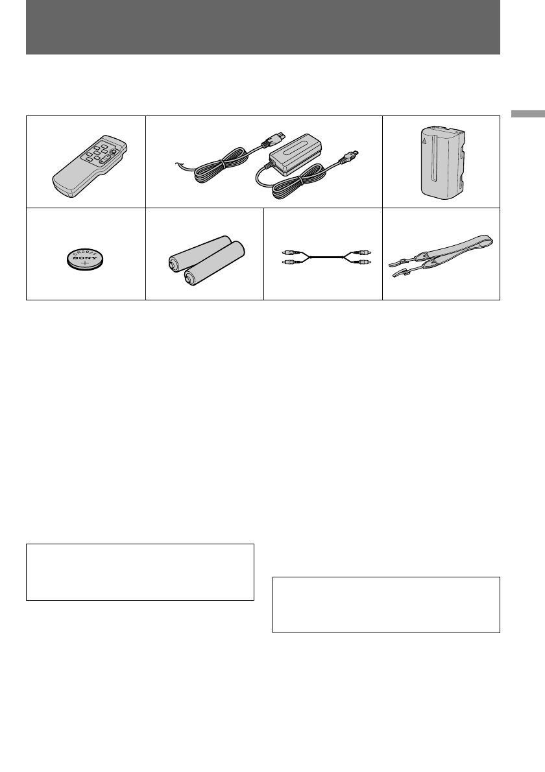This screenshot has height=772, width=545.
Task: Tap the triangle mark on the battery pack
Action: [423, 139]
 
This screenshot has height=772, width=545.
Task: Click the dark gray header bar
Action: [263, 27]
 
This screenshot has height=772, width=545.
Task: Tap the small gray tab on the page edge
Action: [527, 114]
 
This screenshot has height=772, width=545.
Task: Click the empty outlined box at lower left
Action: [139, 572]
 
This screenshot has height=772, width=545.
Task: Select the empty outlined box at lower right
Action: [386, 605]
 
